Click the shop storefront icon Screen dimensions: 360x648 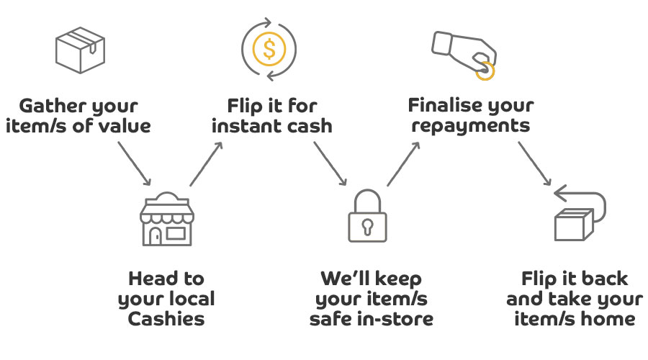[x=166, y=220]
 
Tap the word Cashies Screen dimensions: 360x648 [x=166, y=318]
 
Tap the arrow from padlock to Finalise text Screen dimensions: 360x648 [x=404, y=163]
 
